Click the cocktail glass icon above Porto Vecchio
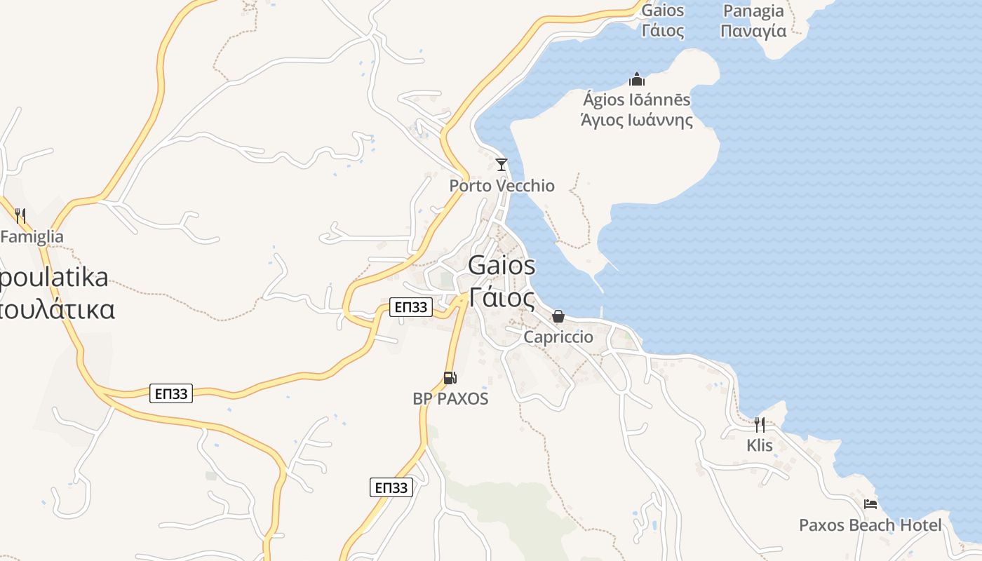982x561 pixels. coord(501,165)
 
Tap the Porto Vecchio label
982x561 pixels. coord(502,186)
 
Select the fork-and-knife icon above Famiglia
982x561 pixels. coord(20,216)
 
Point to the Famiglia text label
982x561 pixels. coord(32,237)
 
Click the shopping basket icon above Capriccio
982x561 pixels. coord(558,316)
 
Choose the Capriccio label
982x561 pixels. coord(558,337)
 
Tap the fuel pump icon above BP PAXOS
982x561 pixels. coord(450,378)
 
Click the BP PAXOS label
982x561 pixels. coord(450,399)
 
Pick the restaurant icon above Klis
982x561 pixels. coord(759,424)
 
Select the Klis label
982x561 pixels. coord(760,445)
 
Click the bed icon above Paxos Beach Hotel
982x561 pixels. coord(870,504)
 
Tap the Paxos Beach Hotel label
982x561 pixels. coord(870,525)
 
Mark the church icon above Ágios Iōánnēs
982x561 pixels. coord(637,79)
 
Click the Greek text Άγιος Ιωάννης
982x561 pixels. coord(637,121)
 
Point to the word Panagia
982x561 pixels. coord(753,11)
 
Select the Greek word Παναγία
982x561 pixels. coord(753,32)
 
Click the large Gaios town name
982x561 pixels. coord(502,266)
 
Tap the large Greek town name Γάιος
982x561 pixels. coord(502,297)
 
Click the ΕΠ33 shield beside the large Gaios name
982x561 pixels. coord(410,307)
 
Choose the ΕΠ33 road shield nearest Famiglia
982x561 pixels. coord(171,394)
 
